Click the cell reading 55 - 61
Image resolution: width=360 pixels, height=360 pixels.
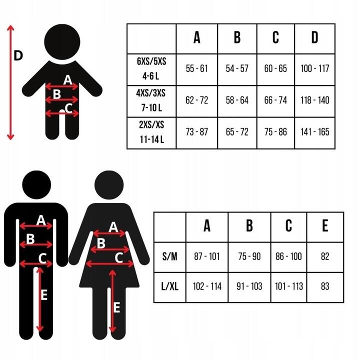(197, 68)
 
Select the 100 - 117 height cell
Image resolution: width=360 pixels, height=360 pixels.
(315, 68)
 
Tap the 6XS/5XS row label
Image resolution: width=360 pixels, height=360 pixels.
(151, 61)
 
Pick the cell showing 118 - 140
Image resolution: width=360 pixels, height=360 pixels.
(315, 100)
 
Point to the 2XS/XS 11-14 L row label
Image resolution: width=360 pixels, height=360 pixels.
(151, 132)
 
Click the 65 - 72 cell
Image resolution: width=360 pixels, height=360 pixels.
(237, 132)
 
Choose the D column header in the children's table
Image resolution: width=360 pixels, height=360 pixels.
(315, 37)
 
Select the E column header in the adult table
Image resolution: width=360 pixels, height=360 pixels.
(325, 225)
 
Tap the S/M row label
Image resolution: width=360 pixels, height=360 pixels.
(169, 256)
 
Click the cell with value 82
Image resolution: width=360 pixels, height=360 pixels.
(325, 256)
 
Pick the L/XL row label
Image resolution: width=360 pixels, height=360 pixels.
(169, 286)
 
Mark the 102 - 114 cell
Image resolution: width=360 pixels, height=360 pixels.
(207, 286)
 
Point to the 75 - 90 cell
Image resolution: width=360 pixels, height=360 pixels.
(249, 256)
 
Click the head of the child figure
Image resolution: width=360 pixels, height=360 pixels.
(62, 42)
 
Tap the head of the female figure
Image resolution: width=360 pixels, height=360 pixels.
(109, 185)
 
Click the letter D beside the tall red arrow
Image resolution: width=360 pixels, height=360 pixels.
(18, 55)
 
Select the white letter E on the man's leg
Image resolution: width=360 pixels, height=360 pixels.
(44, 295)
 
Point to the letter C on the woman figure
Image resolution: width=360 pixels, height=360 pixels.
(119, 257)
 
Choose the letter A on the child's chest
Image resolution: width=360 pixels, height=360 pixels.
(67, 80)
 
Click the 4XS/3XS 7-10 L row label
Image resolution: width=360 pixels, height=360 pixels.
(151, 100)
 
